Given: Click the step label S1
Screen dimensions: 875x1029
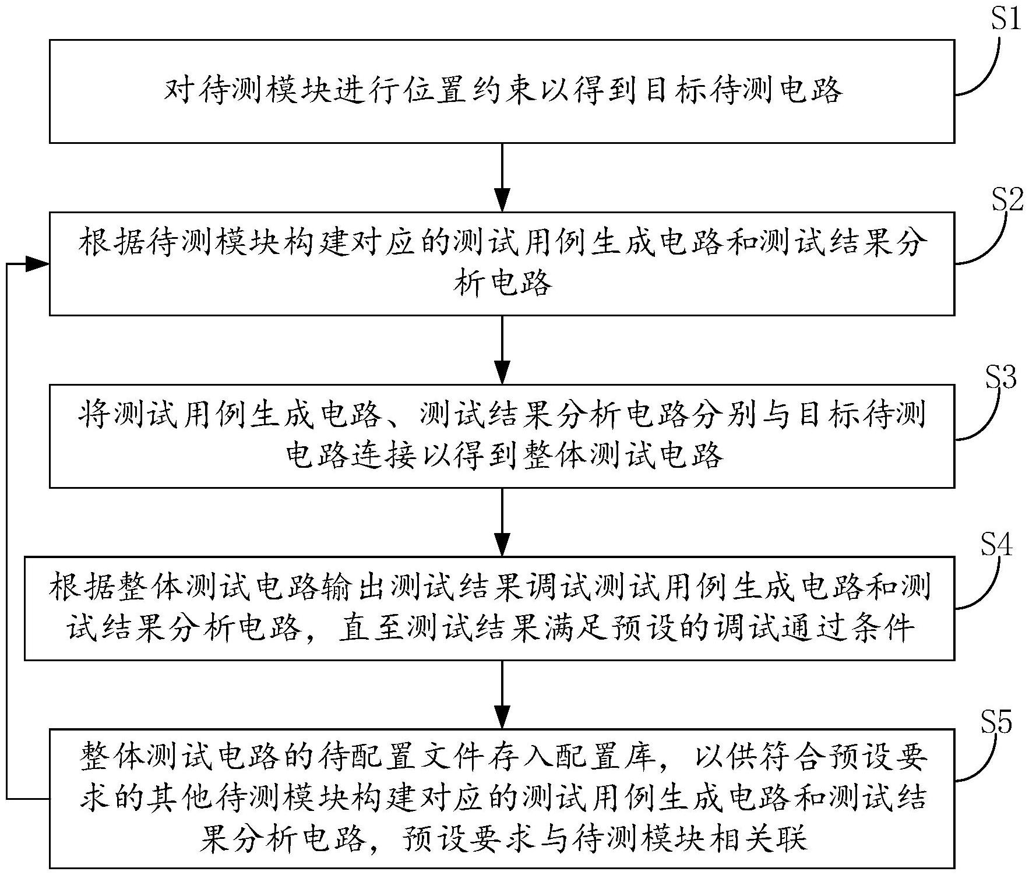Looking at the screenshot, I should tap(1006, 19).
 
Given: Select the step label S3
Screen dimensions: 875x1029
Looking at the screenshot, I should tap(1001, 377).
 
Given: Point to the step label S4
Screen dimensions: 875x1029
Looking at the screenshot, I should tap(997, 545).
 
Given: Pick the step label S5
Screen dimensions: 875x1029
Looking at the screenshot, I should tap(997, 722).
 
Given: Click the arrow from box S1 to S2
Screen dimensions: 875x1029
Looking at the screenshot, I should tap(502, 177).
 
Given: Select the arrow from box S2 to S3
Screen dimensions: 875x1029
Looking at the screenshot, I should tap(502, 350).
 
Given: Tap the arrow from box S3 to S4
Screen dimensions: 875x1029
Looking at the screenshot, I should tap(502, 522).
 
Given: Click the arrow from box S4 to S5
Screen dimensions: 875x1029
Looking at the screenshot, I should tap(502, 694).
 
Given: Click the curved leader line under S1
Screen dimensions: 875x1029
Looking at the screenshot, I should tap(985, 70).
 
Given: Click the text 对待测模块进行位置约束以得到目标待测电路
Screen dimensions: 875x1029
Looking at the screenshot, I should tap(502, 91).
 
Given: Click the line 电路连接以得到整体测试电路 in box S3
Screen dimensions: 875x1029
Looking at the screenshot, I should tap(505, 455).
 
